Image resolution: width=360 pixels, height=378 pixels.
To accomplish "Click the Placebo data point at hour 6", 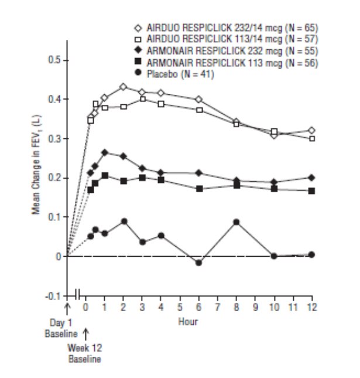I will pos(199,263).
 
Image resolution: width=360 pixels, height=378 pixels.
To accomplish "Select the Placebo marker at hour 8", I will pos(236,222).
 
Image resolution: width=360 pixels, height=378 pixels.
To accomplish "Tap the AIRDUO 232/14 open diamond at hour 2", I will pos(124,87).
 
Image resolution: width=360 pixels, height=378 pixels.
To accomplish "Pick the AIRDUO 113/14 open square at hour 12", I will pos(312,139).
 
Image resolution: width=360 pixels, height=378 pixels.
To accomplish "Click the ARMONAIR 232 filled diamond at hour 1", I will pos(105,152).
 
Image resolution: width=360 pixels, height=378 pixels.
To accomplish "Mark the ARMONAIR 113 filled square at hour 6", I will pos(199,189).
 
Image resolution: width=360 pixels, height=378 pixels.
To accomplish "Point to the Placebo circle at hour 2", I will pos(124,222).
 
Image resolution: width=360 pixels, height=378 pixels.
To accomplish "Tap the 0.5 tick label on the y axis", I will pos(53,60).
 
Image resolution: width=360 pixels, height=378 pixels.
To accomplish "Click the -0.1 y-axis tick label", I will pos(52,296).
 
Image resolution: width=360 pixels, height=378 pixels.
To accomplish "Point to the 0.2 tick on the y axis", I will pos(53,178).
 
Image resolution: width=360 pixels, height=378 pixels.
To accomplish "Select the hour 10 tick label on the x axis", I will pos(274,307).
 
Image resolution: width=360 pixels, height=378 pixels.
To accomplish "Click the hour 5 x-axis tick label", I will pos(180,307).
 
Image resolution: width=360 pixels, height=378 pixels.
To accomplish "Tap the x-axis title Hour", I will pos(188,322).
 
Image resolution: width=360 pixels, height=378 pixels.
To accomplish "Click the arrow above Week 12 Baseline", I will pos(85,334).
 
